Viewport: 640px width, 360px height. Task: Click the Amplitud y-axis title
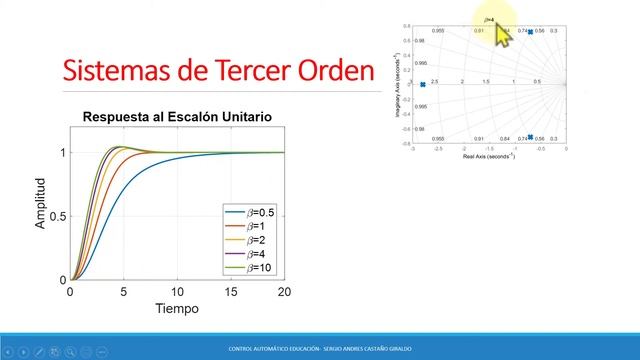click(41, 204)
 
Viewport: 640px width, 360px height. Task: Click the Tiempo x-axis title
click(176, 308)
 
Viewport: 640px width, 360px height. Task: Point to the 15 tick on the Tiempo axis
click(230, 292)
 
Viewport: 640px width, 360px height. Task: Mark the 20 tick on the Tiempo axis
click(283, 292)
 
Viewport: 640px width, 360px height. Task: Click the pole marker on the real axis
click(423, 84)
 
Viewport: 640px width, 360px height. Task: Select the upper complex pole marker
click(530, 32)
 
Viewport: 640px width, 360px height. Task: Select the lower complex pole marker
click(530, 137)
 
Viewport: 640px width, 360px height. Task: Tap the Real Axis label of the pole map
click(488, 155)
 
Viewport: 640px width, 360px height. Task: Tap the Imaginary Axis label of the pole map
click(398, 84)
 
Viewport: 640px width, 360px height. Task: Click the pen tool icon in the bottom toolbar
click(37, 349)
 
